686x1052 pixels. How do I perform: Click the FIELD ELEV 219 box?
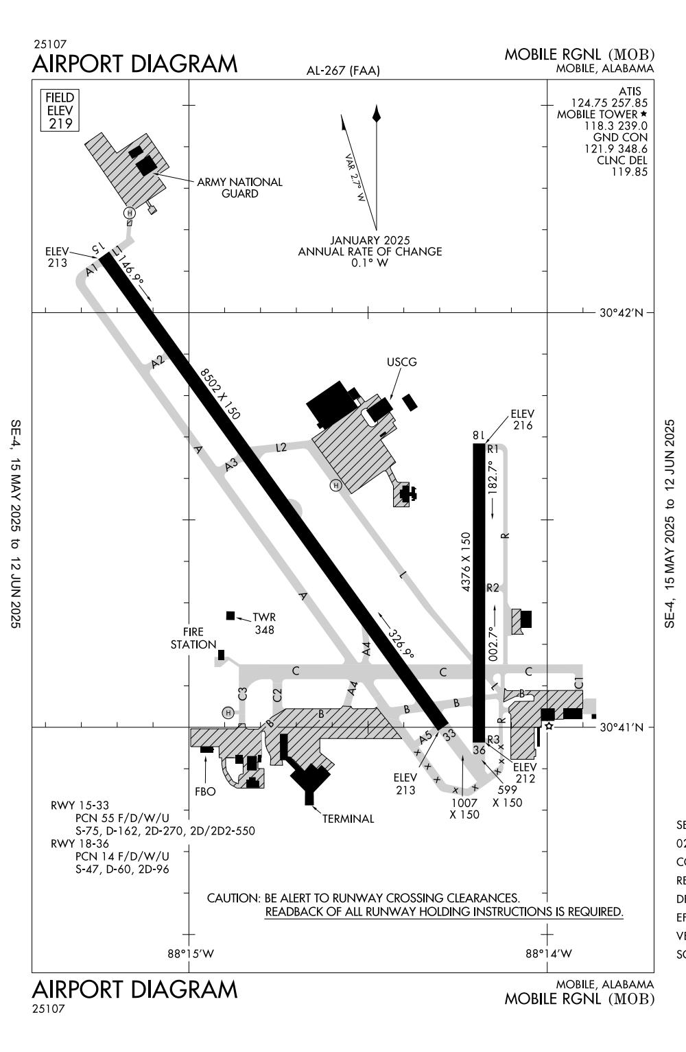pos(60,110)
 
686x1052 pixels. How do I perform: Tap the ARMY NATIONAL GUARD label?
pos(239,187)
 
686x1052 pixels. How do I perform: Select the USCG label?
pos(401,362)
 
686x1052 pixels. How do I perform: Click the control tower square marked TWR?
pos(230,616)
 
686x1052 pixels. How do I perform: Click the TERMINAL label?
pos(348,818)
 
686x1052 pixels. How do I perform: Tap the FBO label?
pos(205,791)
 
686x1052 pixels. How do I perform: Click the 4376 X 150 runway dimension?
pos(466,561)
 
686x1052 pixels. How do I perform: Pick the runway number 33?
pos(449,735)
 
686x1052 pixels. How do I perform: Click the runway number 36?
pos(479,750)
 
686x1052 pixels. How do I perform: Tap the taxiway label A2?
pos(159,362)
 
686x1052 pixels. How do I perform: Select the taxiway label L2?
pos(281,447)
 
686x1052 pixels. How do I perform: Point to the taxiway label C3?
pos(242,694)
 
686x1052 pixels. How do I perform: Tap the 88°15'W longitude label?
pos(191,953)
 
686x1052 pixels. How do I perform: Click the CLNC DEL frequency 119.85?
pos(629,172)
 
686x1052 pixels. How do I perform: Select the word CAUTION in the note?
pos(233,898)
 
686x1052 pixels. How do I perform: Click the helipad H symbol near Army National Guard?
pos(129,213)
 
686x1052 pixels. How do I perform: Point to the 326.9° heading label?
pos(400,644)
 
